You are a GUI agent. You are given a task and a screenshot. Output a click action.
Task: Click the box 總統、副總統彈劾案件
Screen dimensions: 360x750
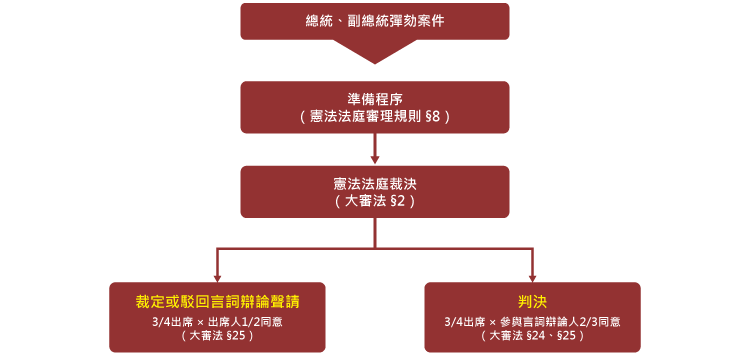(x=374, y=21)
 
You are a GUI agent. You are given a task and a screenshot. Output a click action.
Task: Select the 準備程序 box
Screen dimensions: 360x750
(x=374, y=107)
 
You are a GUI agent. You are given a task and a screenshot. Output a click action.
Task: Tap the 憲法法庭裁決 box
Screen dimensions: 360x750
(x=374, y=191)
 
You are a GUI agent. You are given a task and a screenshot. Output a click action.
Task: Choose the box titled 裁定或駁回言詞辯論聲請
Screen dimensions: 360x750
(x=217, y=317)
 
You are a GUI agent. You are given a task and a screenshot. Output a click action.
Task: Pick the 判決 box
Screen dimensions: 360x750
(x=532, y=317)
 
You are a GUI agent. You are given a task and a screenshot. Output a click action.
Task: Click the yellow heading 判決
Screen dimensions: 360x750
(x=532, y=301)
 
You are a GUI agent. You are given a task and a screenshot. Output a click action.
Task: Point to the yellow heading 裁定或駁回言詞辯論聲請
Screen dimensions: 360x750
(x=217, y=301)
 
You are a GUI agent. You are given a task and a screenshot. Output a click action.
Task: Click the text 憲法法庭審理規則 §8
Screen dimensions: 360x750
(x=375, y=117)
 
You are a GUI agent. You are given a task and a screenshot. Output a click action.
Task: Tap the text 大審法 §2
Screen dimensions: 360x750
(x=375, y=201)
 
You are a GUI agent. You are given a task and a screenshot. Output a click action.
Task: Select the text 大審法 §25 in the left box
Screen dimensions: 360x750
(x=217, y=336)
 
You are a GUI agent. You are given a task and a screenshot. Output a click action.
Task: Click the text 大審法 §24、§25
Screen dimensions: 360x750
(x=532, y=336)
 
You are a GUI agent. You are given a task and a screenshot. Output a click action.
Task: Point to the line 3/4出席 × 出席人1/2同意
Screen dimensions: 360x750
(x=217, y=321)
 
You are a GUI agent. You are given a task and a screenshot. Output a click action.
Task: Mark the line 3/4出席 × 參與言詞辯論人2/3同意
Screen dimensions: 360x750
(x=532, y=321)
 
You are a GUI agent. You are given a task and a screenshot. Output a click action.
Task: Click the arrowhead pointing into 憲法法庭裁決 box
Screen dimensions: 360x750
(x=375, y=159)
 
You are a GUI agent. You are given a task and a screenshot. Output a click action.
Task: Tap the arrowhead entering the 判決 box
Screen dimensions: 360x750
(x=532, y=278)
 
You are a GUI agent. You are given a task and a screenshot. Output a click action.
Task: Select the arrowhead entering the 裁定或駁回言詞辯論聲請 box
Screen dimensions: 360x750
(x=217, y=278)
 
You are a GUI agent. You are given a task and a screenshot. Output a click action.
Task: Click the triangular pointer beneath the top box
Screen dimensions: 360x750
(x=375, y=50)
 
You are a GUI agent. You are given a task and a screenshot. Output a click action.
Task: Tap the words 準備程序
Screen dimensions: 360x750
(x=374, y=99)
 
